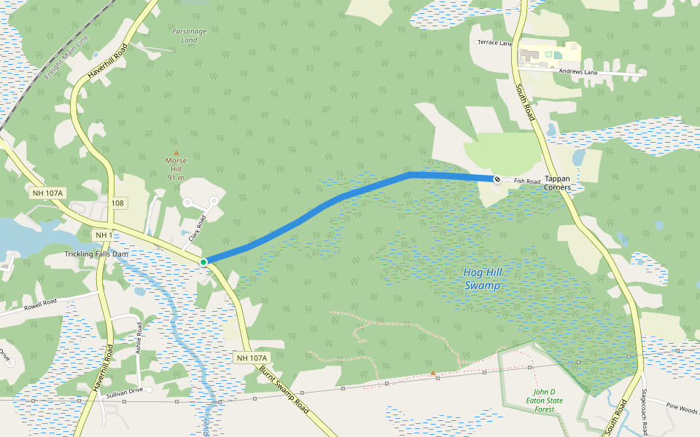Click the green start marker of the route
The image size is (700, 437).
203,261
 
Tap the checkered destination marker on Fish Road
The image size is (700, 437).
497,178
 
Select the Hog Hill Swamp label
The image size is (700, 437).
483,278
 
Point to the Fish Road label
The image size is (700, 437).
526,181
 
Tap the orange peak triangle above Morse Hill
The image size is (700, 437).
176,152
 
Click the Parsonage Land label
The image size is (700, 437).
189,36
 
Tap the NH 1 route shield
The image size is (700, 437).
104,235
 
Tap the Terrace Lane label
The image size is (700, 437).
494,43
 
